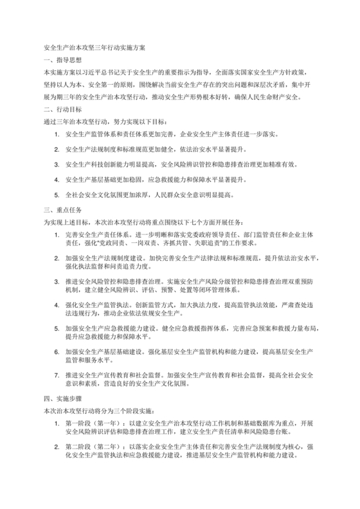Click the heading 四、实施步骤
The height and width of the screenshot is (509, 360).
[x=60, y=398]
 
